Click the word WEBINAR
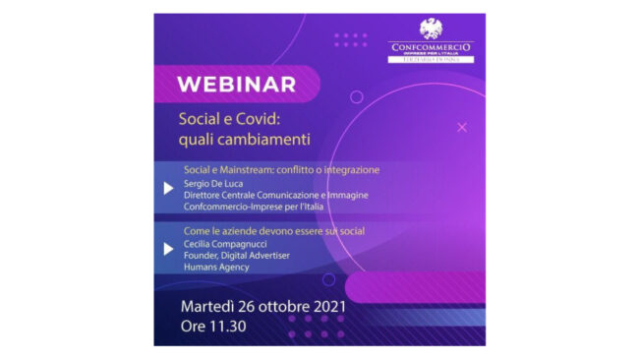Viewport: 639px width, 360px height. (x=236, y=84)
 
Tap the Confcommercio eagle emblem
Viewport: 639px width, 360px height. (x=432, y=30)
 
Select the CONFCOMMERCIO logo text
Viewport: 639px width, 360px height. (x=432, y=46)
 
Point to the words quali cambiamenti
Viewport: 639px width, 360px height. (x=235, y=139)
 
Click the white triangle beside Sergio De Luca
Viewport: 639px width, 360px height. (x=169, y=188)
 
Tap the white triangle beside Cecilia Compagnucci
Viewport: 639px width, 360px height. (x=169, y=248)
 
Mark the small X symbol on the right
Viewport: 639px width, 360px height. (x=462, y=127)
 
